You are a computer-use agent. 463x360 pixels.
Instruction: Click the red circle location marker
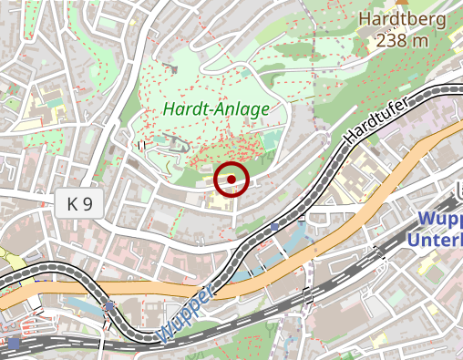pyautogui.click(x=231, y=179)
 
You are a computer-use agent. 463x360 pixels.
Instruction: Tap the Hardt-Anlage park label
pyautogui.click(x=217, y=109)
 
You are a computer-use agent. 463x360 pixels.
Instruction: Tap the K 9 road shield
pyautogui.click(x=80, y=204)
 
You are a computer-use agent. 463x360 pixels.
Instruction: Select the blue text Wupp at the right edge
pyautogui.click(x=441, y=220)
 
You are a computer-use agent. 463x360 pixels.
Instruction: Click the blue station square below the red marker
pyautogui.click(x=275, y=226)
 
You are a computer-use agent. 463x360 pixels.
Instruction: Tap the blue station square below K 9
pyautogui.click(x=110, y=305)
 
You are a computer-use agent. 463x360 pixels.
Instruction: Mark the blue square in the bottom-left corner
pyautogui.click(x=15, y=344)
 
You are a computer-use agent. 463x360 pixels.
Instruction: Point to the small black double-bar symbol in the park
pyautogui.click(x=141, y=144)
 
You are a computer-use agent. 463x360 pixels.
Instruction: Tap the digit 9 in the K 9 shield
pyautogui.click(x=87, y=204)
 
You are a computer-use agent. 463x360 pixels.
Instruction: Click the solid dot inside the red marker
pyautogui.click(x=231, y=179)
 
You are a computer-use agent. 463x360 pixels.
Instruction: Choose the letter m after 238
pyautogui.click(x=420, y=39)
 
